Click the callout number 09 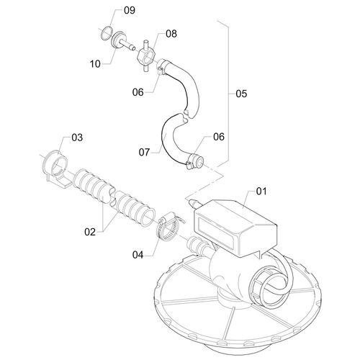(130, 10)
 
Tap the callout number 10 (95, 64)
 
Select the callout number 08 (171, 34)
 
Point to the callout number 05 (241, 94)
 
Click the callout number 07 (144, 152)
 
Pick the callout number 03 (77, 138)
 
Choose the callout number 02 (90, 232)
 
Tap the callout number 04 (138, 255)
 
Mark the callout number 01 (261, 192)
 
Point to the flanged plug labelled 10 (121, 41)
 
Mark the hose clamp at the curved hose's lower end (195, 161)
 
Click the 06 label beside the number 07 (219, 137)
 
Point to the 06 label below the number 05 (138, 92)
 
